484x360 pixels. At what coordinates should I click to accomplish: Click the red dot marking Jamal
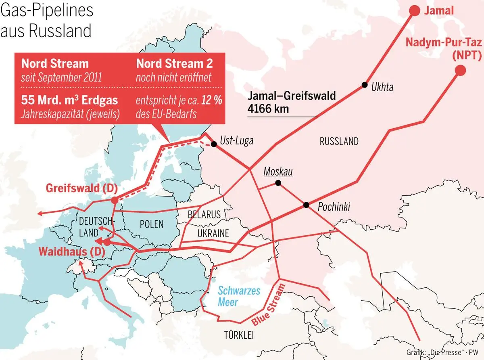point(414,10)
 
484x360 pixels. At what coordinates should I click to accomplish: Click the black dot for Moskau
point(278,183)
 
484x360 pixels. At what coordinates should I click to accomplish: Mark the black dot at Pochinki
point(307,205)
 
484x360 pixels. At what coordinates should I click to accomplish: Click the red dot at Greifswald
point(115,200)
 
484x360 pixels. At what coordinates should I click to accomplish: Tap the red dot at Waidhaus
point(107,242)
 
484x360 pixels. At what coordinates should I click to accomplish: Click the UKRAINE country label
point(213,233)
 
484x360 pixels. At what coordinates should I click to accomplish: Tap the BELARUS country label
point(204,214)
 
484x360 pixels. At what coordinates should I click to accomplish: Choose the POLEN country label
point(151,224)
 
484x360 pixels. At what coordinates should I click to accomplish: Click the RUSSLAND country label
point(339,141)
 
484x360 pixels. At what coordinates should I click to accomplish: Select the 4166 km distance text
point(268,109)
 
